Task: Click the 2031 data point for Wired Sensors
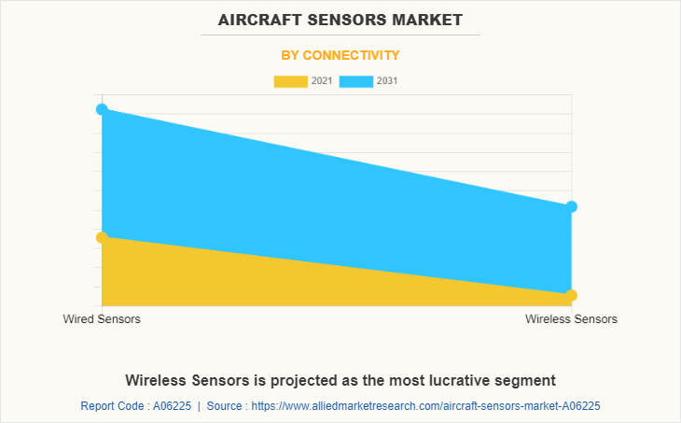coord(102,109)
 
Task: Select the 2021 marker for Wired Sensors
coord(102,237)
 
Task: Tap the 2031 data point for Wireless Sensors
coord(572,206)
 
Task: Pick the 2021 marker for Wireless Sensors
coord(572,295)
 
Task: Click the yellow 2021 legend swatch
coord(290,81)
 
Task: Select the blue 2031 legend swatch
coord(355,81)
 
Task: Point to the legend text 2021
coord(322,81)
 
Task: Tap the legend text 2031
coord(387,81)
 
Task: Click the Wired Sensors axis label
coord(102,319)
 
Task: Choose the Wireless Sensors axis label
coord(571,319)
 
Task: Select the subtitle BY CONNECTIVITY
coord(340,55)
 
